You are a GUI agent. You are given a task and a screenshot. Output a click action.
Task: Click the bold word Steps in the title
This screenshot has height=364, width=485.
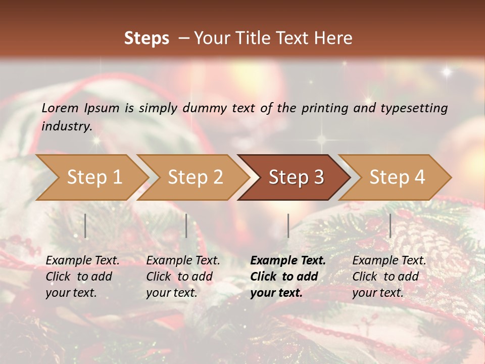click(147, 38)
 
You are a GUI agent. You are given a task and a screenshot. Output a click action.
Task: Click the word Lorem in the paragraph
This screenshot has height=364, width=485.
click(60, 108)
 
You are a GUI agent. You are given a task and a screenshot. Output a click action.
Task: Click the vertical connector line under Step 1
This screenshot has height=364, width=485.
click(85, 225)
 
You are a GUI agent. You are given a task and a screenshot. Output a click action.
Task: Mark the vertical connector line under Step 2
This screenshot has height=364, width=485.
click(186, 225)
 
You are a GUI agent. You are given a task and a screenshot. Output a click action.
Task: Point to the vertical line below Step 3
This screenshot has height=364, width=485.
click(288, 225)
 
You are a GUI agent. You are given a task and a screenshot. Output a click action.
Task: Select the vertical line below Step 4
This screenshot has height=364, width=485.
click(390, 225)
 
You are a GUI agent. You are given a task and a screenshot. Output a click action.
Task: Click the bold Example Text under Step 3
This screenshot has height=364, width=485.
click(288, 260)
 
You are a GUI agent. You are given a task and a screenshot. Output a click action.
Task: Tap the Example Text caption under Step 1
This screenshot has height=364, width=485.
click(82, 260)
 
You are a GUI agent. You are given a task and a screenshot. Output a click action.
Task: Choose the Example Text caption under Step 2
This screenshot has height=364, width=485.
click(183, 260)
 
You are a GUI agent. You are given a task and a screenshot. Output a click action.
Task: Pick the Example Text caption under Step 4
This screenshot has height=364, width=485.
click(389, 260)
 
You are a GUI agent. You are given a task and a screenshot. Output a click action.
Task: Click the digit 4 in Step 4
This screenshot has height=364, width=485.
click(419, 177)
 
